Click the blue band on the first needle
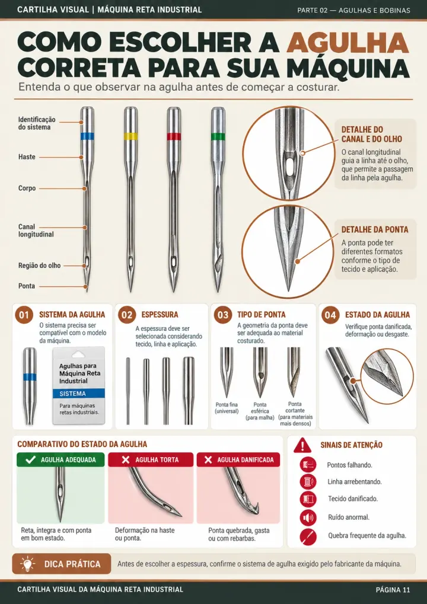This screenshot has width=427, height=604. (x=88, y=136)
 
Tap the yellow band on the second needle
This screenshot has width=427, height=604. (x=130, y=136)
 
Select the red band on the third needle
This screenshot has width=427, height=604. (x=174, y=136)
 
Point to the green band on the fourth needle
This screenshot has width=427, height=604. (x=218, y=136)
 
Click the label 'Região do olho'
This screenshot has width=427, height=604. (x=39, y=266)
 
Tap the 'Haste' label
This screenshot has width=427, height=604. (x=27, y=156)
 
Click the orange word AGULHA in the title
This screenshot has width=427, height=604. (x=348, y=42)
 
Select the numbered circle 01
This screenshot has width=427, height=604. (x=24, y=315)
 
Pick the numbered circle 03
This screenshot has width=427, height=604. (x=223, y=315)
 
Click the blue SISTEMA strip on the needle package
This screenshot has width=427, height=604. (x=79, y=394)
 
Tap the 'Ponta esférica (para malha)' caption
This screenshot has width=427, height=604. (x=260, y=411)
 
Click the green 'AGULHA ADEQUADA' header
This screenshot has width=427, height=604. (x=60, y=459)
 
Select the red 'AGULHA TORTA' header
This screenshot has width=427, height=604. (x=151, y=459)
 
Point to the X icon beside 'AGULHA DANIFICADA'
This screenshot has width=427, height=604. (x=208, y=459)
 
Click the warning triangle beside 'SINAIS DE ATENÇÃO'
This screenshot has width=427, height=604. (x=302, y=445)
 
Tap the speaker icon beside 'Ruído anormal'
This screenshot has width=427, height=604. (x=308, y=517)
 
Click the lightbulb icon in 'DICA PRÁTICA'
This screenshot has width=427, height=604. (x=27, y=564)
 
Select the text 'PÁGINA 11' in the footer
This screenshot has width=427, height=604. (x=393, y=590)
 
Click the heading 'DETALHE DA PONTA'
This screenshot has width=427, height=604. (x=375, y=229)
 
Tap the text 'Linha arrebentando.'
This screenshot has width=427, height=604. (x=355, y=482)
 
